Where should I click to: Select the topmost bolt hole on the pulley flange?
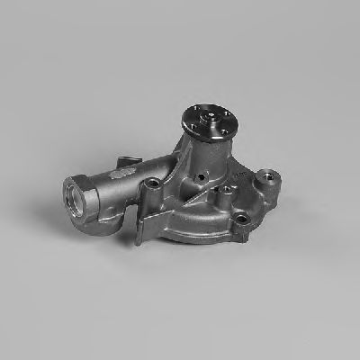point(215,109)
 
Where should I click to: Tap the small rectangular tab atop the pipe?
point(126,165)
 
